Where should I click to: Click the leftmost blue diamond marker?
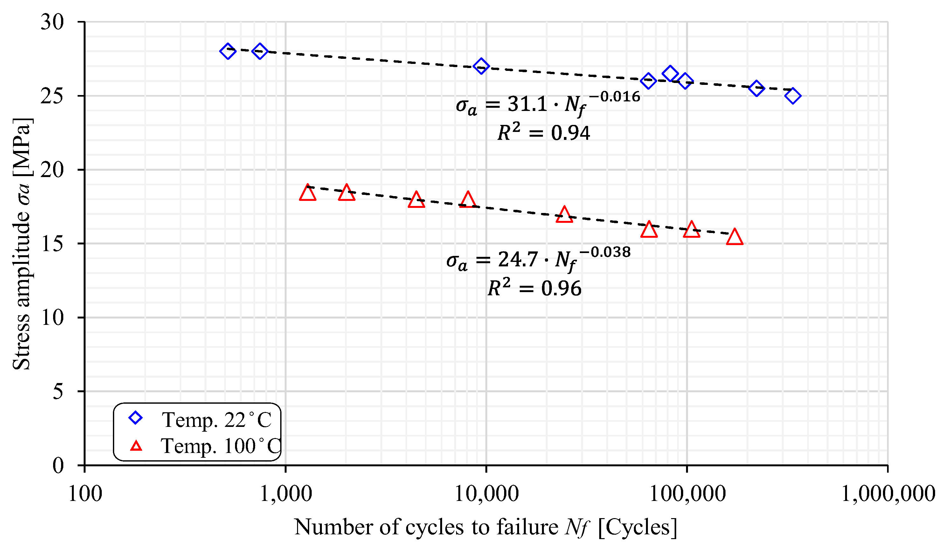(227, 51)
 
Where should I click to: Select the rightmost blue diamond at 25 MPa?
(793, 96)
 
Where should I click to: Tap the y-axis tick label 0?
(58, 466)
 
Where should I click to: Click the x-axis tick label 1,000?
(286, 494)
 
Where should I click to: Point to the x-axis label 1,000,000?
(888, 494)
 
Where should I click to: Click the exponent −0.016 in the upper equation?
(614, 97)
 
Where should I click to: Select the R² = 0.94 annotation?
(544, 133)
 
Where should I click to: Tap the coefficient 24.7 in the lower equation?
(518, 259)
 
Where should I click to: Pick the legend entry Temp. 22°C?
(217, 420)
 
